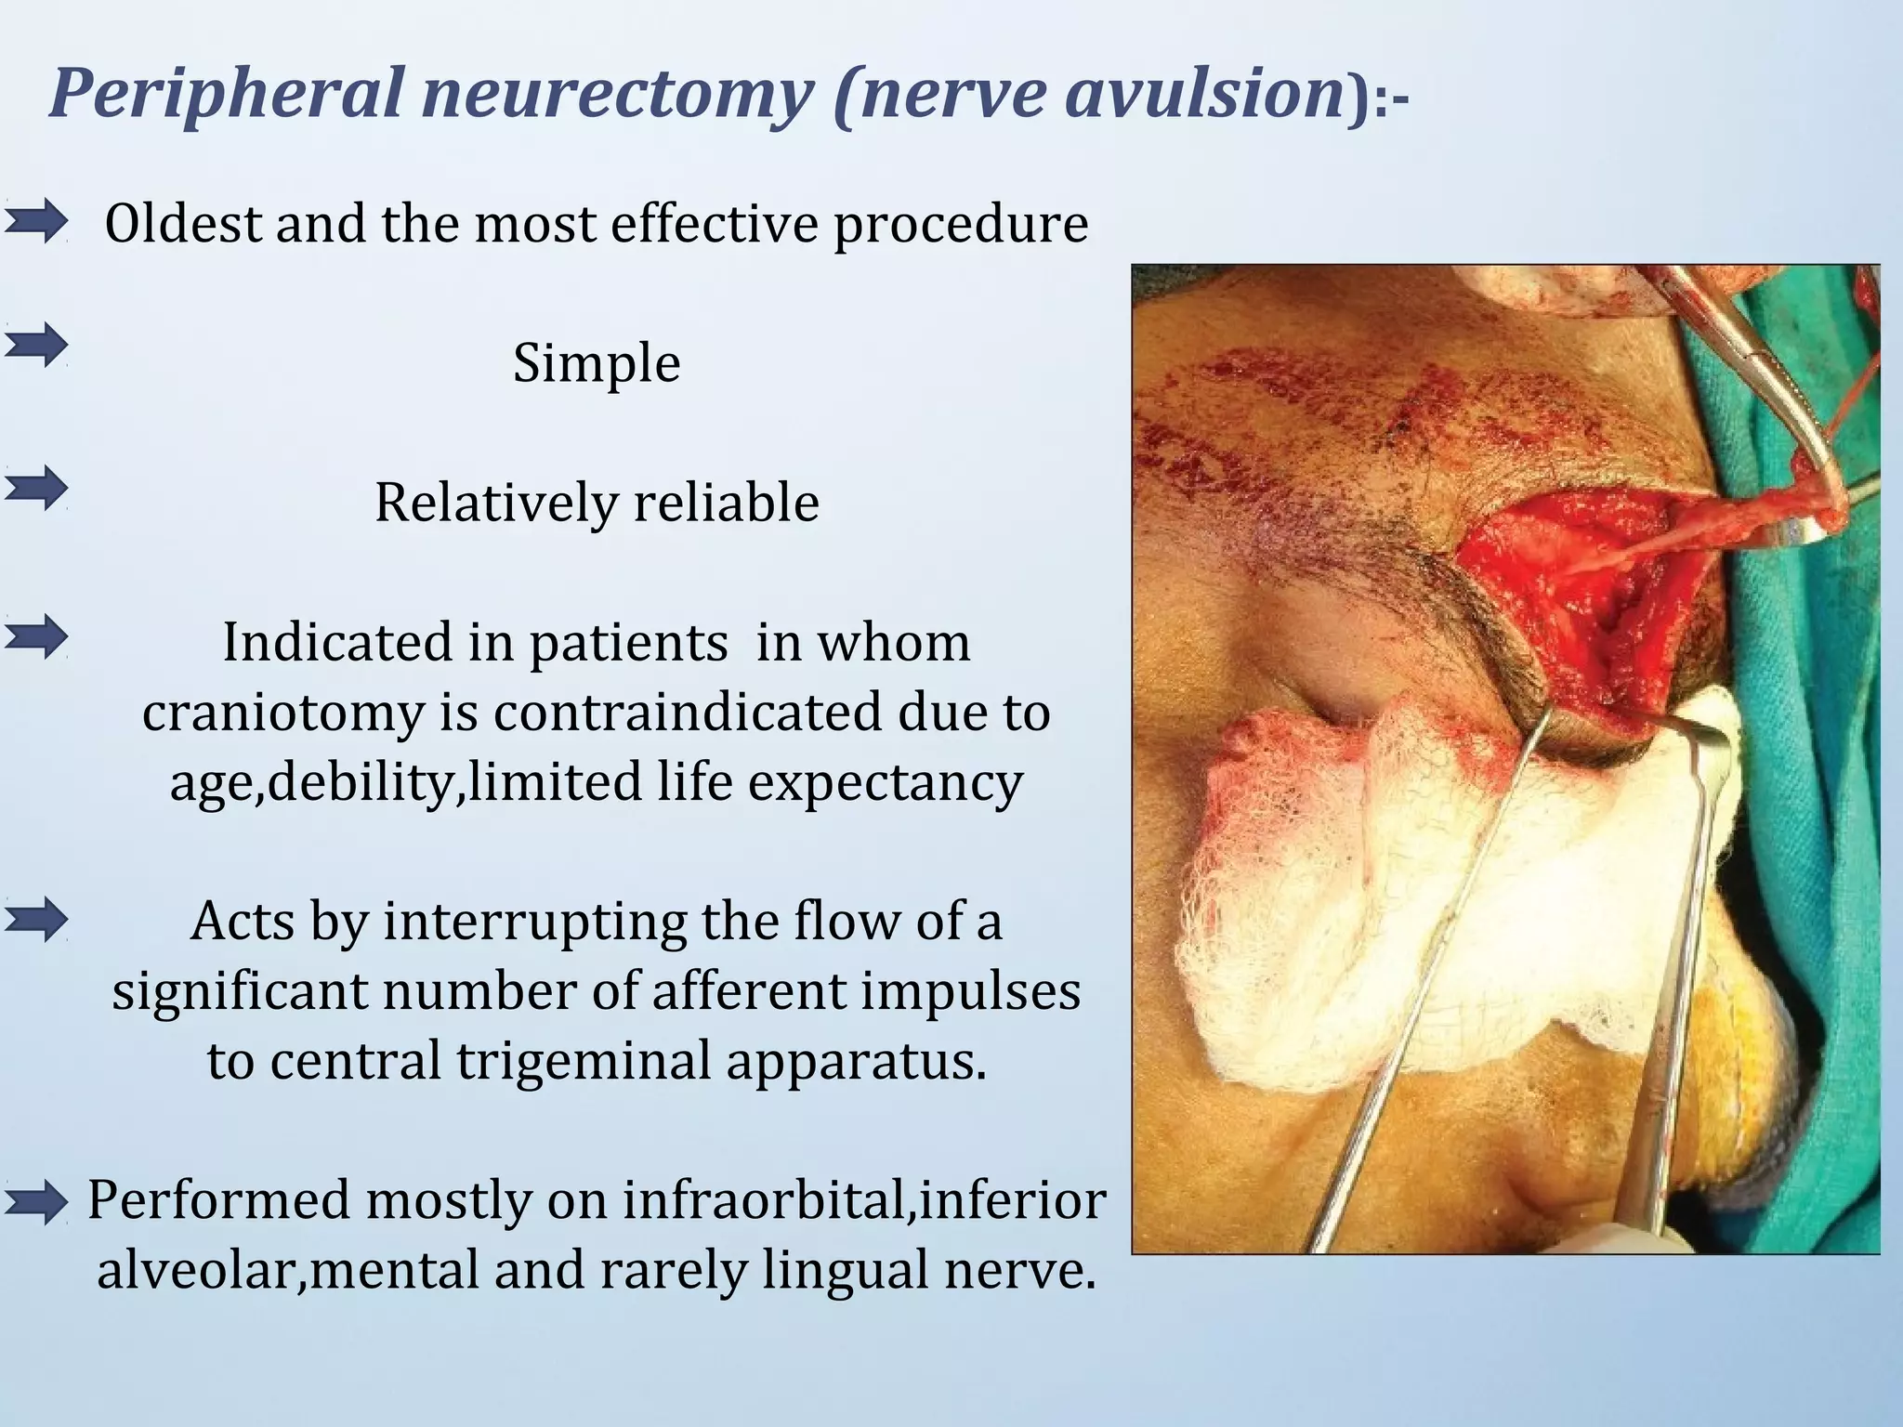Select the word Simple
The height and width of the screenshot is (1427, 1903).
point(597,363)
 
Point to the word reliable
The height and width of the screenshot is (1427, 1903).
point(727,503)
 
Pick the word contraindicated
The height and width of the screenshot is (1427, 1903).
point(689,713)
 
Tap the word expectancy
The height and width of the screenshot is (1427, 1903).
point(886,782)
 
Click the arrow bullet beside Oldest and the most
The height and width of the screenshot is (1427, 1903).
point(35,222)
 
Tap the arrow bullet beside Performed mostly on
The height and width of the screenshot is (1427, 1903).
point(35,1203)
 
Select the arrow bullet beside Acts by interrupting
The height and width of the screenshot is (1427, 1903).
point(35,921)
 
